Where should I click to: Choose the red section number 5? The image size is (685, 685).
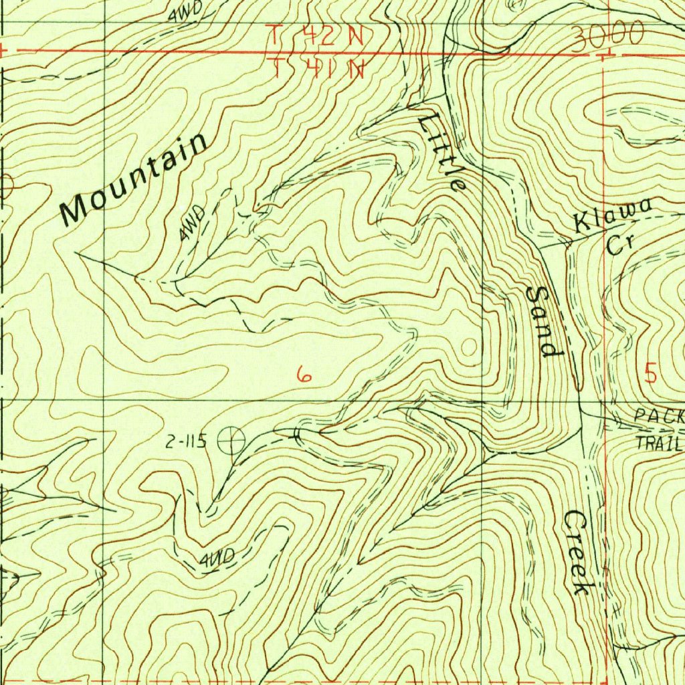click(651, 373)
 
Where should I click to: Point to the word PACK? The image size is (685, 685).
click(658, 416)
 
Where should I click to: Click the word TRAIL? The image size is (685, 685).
click(658, 442)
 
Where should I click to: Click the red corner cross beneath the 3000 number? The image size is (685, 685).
click(603, 55)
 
